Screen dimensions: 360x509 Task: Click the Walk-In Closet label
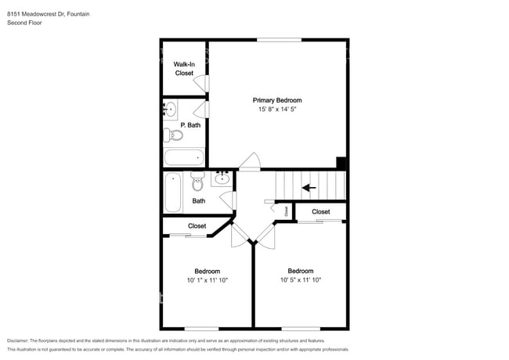[184, 68]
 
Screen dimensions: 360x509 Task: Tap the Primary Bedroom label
[276, 100]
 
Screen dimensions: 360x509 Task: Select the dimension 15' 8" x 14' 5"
[276, 110]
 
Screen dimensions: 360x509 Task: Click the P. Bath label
[190, 124]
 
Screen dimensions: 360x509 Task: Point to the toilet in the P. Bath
[174, 135]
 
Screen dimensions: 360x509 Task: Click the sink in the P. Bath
[171, 108]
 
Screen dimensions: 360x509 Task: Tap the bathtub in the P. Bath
[184, 157]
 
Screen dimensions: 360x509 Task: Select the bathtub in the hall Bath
[173, 192]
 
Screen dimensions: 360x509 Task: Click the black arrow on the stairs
[309, 187]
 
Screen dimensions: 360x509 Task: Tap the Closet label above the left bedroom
[197, 226]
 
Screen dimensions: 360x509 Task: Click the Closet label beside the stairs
[321, 212]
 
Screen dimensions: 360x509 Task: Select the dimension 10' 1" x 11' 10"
[208, 279]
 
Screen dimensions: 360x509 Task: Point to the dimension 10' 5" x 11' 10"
[300, 279]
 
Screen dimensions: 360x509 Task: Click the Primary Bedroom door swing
[251, 162]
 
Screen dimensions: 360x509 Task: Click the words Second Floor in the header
[24, 23]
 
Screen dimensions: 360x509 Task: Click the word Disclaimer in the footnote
[21, 341]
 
